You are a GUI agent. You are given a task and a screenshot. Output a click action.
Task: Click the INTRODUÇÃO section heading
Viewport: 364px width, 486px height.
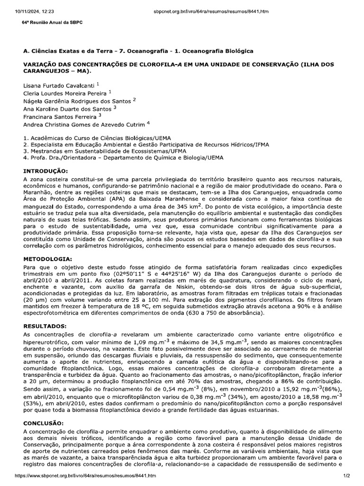pos(45,171)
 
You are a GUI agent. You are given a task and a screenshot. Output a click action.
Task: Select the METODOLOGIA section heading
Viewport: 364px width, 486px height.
pos(47,259)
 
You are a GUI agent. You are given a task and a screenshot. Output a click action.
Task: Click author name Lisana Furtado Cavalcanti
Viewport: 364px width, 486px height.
pos(59,85)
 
